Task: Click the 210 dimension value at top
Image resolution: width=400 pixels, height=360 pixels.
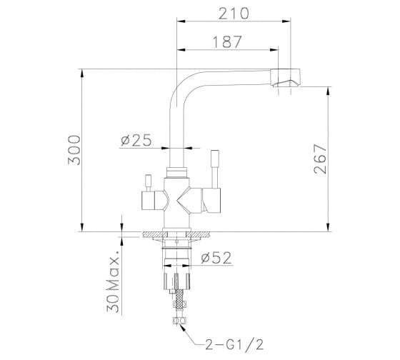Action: (234, 14)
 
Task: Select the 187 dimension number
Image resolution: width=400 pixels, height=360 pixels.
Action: (227, 42)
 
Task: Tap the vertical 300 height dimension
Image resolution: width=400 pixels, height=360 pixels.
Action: (74, 150)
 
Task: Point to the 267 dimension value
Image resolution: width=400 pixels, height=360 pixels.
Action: (321, 159)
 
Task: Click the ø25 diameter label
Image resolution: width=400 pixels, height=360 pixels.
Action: (136, 140)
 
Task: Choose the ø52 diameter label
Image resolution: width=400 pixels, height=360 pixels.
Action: (216, 258)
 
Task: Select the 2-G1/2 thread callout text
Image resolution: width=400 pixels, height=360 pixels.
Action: (234, 345)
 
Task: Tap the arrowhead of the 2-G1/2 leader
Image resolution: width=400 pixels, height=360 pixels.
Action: (181, 327)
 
